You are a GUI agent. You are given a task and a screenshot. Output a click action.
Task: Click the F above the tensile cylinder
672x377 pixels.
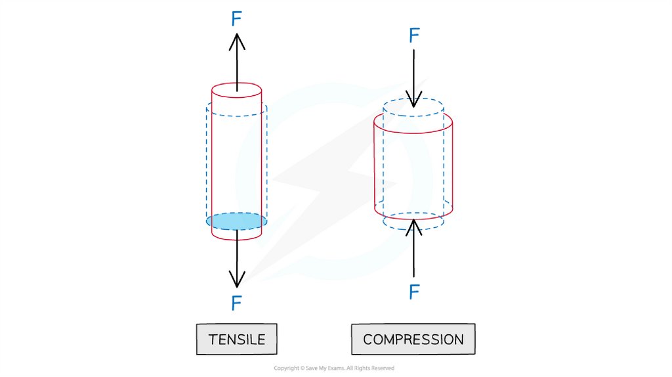(x=237, y=18)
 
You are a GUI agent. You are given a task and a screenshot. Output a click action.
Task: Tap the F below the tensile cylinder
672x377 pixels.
(x=237, y=303)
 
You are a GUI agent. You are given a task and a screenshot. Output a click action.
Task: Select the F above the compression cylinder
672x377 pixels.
(x=413, y=35)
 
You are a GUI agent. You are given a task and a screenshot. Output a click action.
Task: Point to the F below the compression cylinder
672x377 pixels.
(x=413, y=292)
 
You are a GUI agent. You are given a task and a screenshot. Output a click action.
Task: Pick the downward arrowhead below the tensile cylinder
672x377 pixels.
(x=237, y=280)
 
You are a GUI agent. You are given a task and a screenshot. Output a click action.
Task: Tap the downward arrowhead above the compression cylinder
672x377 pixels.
(x=413, y=100)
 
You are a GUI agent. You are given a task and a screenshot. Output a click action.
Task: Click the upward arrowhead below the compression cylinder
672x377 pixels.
(x=413, y=227)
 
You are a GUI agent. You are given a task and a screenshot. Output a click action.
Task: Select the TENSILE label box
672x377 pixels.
(x=236, y=340)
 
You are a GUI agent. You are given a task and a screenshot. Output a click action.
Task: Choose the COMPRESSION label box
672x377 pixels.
(x=413, y=340)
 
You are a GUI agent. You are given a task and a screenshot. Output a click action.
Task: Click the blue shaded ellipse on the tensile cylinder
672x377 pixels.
(x=236, y=221)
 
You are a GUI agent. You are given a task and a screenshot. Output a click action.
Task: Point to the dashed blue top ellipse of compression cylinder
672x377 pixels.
(x=413, y=107)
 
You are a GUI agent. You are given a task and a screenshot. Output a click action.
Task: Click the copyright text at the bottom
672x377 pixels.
(x=334, y=368)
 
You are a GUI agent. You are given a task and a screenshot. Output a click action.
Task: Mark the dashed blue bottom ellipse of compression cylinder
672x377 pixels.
(x=413, y=221)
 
